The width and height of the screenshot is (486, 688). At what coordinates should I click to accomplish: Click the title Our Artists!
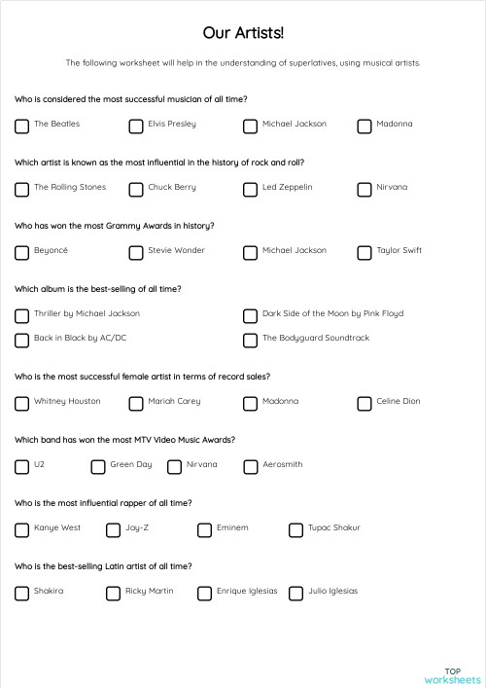pos(243,33)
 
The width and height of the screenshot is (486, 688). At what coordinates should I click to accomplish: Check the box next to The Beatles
pos(21,126)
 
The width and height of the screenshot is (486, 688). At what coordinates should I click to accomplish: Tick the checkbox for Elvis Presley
pos(136,126)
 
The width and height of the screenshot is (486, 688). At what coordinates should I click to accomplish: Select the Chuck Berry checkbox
pos(136,189)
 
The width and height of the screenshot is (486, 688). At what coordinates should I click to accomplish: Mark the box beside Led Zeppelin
pos(250,189)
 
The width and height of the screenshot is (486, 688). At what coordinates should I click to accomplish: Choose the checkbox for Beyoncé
pos(21,252)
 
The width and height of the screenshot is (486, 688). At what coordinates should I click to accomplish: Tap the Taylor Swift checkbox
pos(364,252)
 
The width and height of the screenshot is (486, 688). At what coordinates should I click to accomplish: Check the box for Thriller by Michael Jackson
pos(21,315)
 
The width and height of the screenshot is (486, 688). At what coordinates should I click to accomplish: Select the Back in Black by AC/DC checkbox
pos(21,340)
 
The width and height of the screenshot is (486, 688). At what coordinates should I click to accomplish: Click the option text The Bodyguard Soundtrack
pos(316,338)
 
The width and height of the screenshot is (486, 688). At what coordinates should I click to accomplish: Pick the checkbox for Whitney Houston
pos(21,403)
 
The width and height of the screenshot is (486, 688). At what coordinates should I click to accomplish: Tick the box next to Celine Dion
pos(364,403)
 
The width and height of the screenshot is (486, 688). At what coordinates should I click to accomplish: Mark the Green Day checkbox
pos(98,466)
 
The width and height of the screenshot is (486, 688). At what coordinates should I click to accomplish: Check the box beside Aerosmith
pos(250,466)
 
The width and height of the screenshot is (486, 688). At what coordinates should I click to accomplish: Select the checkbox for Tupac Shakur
pos(295,529)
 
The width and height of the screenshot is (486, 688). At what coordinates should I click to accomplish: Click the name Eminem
pos(233,527)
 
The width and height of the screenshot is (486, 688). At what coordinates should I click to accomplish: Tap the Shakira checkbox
pos(21,593)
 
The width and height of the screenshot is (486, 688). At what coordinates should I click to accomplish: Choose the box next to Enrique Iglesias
pos(204,593)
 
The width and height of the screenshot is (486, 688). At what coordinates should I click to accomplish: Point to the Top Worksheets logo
pos(453,674)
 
